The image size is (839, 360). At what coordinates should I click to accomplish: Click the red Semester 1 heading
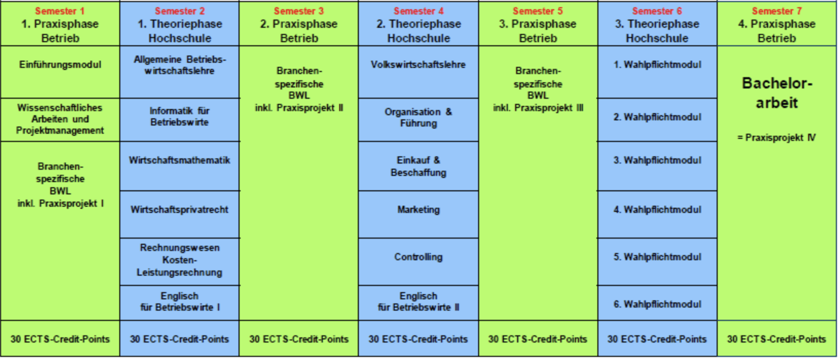click(60, 11)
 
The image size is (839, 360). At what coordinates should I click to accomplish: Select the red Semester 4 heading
click(418, 11)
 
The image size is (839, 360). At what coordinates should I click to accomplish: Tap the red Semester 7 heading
click(776, 11)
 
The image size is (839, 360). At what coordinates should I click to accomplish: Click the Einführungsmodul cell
click(60, 72)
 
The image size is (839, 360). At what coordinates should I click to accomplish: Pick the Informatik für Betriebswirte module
click(179, 120)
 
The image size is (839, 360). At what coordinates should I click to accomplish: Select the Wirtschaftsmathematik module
click(179, 166)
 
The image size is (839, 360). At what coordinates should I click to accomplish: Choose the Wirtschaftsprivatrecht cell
click(179, 214)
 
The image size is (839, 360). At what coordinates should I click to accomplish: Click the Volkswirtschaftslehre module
click(418, 72)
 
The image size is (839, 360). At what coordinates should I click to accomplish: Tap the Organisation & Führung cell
click(418, 120)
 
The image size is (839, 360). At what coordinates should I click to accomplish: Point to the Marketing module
click(418, 214)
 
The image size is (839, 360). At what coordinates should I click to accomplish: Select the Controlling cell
click(418, 261)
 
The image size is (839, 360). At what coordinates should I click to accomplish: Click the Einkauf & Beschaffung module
click(418, 166)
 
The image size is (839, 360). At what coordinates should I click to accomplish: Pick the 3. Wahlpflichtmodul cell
click(658, 166)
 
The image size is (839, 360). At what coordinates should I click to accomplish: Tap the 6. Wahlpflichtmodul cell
click(658, 303)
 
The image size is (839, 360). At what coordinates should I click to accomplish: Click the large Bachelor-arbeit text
click(777, 93)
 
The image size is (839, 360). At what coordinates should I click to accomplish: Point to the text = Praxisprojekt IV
click(776, 137)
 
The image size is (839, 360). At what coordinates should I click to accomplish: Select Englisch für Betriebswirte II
click(418, 301)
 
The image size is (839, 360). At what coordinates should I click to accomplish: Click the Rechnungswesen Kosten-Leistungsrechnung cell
click(179, 261)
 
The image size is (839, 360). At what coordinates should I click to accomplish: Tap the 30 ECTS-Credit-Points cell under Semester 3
click(299, 338)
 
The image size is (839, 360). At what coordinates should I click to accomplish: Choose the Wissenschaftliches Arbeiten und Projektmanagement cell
click(60, 119)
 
